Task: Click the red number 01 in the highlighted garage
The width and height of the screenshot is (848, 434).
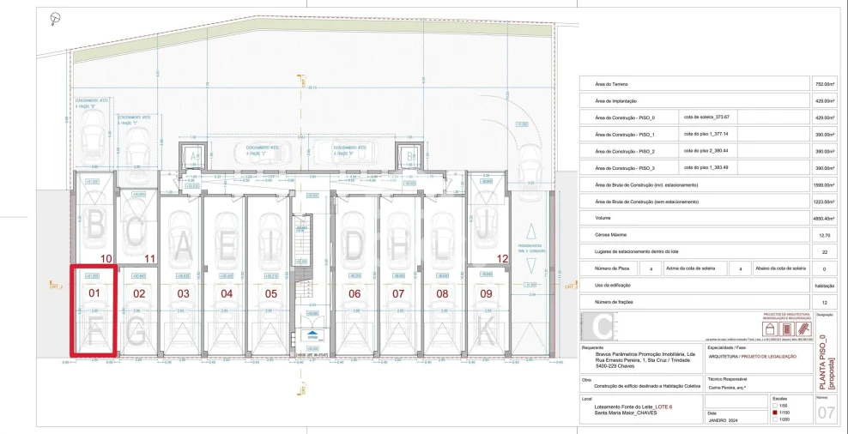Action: coord(94,293)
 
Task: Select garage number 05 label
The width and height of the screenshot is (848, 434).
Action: coord(271,293)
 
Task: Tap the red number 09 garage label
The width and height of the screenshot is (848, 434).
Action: coord(486,293)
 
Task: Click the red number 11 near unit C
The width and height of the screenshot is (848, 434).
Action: coord(149,258)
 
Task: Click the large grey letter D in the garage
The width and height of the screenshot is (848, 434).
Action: coord(354,247)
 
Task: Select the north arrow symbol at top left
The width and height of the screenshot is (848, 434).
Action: coord(55,17)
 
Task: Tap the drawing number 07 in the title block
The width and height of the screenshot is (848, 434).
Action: coord(826,413)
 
